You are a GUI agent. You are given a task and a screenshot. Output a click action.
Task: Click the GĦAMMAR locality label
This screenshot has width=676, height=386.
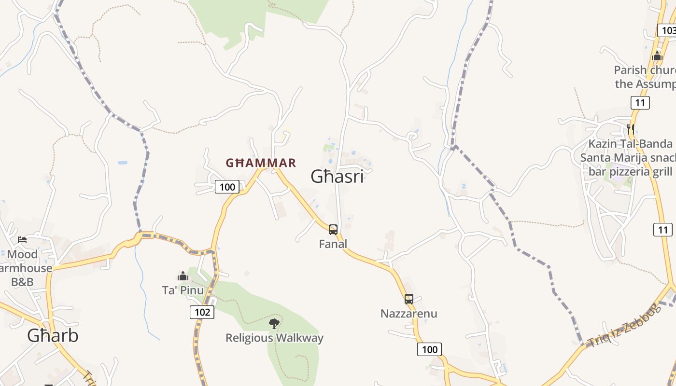(x=261, y=163)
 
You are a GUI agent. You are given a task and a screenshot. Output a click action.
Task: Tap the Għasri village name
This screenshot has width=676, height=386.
(x=337, y=177)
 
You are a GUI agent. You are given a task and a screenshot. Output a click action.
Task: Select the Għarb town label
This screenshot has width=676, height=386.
(x=53, y=335)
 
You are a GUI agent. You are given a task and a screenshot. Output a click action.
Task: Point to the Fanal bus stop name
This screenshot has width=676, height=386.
(x=333, y=244)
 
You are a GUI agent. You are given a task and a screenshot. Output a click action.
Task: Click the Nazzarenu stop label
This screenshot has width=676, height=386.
(x=408, y=314)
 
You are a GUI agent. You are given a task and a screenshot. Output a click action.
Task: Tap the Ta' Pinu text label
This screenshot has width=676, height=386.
(x=183, y=290)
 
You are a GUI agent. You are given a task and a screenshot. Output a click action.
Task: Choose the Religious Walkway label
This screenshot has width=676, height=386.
(x=274, y=338)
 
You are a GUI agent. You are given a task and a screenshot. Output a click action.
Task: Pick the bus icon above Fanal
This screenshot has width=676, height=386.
(x=333, y=230)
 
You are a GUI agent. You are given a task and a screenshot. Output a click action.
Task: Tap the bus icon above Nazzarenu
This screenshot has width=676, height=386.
(x=409, y=299)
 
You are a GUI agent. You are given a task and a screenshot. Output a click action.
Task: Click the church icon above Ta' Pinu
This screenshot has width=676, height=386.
(x=183, y=276)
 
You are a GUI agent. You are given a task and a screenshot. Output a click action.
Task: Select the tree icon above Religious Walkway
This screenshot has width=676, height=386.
(x=274, y=323)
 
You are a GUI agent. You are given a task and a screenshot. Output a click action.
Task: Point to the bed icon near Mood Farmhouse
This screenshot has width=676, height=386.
(x=22, y=239)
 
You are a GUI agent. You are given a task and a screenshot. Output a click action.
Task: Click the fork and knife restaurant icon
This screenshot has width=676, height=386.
(x=631, y=129)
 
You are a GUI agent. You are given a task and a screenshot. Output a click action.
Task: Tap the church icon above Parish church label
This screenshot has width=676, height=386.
(x=657, y=56)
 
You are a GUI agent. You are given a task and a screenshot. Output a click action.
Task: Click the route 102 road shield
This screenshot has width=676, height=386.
(x=202, y=312)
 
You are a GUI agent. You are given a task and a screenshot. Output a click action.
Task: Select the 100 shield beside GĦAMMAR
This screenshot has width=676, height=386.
(x=227, y=187)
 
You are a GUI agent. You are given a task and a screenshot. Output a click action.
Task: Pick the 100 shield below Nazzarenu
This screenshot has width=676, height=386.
(x=429, y=349)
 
